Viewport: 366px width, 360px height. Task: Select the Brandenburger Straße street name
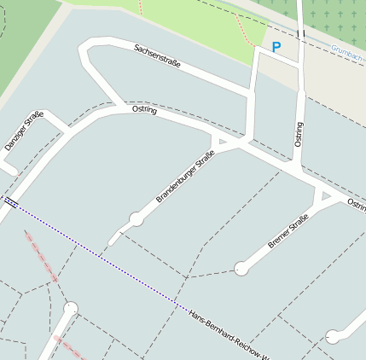pyautogui.click(x=184, y=177)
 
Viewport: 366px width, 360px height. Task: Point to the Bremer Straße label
pyautogui.click(x=288, y=231)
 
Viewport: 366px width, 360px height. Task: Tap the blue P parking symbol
pyautogui.click(x=275, y=48)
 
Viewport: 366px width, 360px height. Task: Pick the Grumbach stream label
pyautogui.click(x=348, y=52)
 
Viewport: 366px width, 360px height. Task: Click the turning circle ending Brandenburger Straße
pyautogui.click(x=137, y=219)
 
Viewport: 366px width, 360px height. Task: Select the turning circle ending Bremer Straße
pyautogui.click(x=241, y=269)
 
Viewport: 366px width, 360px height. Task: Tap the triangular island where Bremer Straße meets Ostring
pyautogui.click(x=323, y=197)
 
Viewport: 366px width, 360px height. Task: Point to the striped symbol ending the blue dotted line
pyautogui.click(x=11, y=202)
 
